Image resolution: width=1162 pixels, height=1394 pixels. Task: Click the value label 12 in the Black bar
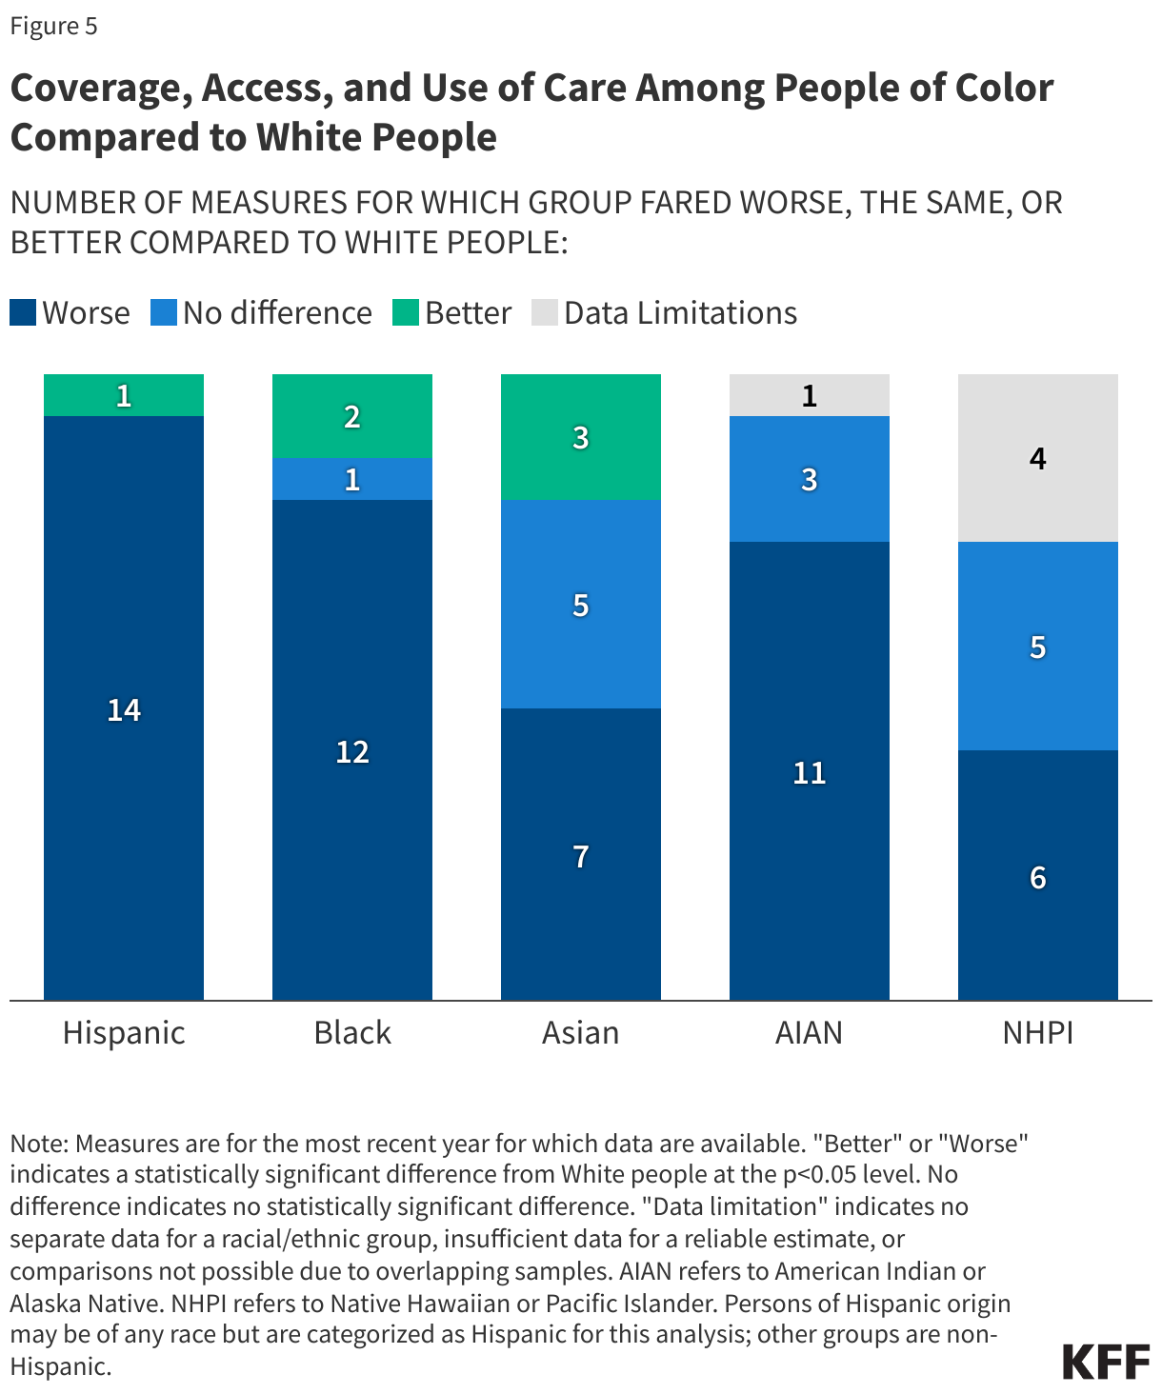click(x=352, y=752)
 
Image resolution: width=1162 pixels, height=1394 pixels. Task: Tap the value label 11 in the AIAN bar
click(x=810, y=772)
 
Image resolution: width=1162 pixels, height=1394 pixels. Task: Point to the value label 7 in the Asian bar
click(x=581, y=856)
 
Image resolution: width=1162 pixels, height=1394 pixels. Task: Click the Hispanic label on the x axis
click(x=124, y=1032)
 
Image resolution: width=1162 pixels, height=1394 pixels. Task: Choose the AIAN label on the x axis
click(x=810, y=1032)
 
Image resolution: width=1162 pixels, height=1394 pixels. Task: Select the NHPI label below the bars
click(x=1038, y=1032)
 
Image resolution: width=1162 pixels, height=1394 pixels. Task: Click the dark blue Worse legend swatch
click(x=23, y=312)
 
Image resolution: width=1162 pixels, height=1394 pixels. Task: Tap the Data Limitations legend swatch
click(x=545, y=312)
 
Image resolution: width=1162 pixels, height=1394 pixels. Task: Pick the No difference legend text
click(x=277, y=312)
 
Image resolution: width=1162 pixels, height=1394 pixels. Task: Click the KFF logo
click(x=1106, y=1362)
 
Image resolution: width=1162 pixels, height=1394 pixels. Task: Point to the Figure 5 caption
click(x=53, y=26)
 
